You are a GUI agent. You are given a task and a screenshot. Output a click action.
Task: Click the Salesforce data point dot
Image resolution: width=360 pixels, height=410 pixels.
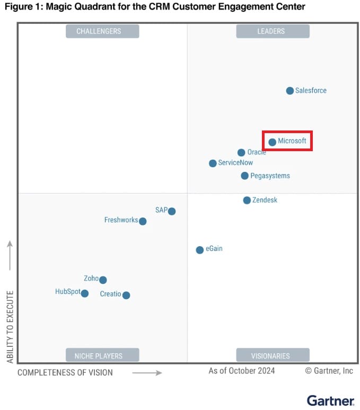290,91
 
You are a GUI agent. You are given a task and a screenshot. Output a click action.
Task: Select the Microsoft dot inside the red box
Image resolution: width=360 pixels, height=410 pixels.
273,142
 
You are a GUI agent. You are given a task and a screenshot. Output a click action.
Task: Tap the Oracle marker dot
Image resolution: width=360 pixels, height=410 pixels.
241,153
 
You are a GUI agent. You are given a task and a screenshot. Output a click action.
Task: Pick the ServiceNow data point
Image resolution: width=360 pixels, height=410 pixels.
213,163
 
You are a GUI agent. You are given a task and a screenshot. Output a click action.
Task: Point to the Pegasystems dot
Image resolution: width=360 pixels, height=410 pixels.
244,176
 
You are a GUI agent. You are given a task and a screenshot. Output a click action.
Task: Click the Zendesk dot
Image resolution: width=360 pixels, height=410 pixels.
247,200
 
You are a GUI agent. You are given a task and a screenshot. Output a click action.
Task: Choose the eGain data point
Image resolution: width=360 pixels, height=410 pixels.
200,250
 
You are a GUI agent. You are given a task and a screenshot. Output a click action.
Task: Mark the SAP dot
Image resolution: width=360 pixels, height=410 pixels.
172,211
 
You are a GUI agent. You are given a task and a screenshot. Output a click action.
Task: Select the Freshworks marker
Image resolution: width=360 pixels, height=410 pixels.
143,221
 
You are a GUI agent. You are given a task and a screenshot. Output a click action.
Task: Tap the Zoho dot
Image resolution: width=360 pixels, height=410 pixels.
103,280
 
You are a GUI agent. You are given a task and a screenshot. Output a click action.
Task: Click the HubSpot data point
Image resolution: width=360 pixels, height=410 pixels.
85,293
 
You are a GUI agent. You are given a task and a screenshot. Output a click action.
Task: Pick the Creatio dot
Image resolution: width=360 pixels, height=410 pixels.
126,295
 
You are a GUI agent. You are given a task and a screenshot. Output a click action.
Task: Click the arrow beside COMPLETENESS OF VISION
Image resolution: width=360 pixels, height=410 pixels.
147,373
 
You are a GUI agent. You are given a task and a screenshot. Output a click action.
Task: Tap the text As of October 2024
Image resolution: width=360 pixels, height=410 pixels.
242,371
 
